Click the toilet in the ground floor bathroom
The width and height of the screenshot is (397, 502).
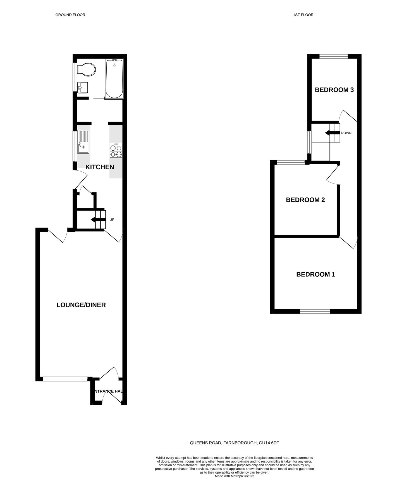[87, 69]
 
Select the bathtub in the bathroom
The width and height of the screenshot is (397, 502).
[114, 79]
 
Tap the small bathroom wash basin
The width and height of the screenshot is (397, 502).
[83, 87]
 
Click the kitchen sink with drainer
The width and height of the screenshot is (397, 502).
[83, 142]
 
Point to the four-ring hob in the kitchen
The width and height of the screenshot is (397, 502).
[116, 151]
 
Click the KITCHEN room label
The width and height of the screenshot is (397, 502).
[100, 167]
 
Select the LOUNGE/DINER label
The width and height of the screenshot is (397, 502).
[81, 305]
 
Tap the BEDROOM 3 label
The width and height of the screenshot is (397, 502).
[334, 90]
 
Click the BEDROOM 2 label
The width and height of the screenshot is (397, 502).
[305, 200]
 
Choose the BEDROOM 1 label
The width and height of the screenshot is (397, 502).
[315, 274]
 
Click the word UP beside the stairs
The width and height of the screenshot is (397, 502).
[112, 220]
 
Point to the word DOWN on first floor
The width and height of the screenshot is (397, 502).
[346, 133]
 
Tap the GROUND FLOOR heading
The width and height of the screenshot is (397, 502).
[70, 15]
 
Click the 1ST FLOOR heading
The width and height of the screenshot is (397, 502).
[303, 15]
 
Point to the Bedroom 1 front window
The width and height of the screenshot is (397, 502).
[315, 312]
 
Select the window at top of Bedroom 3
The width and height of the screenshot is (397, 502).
[334, 56]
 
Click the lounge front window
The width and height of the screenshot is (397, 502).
[65, 379]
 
